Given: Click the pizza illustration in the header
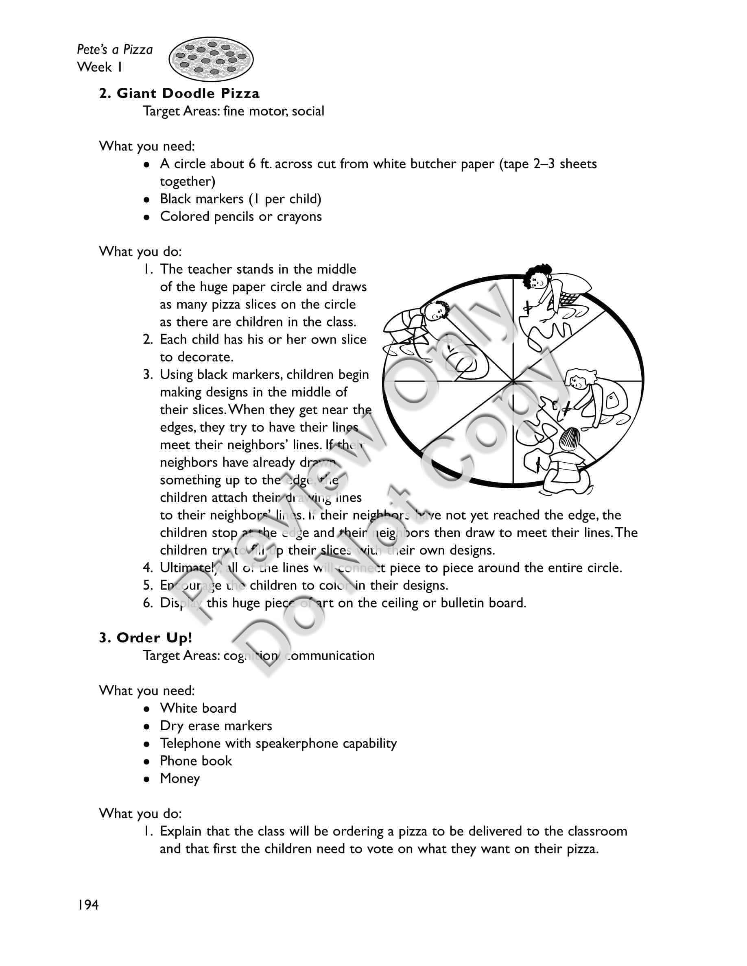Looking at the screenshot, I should (x=211, y=59).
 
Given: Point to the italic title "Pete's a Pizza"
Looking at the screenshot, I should (x=115, y=49).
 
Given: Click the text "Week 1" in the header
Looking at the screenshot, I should (x=100, y=67).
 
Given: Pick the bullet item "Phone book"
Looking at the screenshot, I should (x=196, y=761).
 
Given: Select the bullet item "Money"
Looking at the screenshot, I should (x=180, y=779).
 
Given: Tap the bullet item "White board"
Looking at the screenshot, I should (x=198, y=708).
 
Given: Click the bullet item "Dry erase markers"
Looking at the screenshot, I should (x=216, y=726).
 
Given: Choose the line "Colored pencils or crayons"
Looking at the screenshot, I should (x=241, y=216).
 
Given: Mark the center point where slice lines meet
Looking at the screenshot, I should (x=513, y=381).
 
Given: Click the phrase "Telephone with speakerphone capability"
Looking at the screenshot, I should (x=278, y=743).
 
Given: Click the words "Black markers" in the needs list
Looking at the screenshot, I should (x=201, y=199).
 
